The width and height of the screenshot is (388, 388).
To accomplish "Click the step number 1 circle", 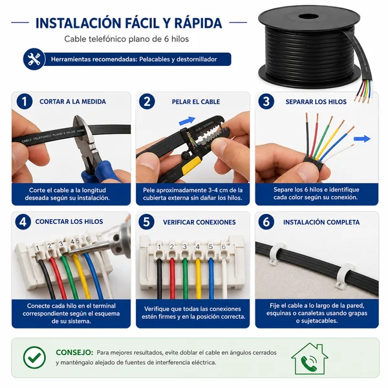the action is pos(25,102).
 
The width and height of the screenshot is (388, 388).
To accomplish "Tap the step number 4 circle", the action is pos(23,222).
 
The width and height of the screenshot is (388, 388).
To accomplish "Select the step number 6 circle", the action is pos(266,222).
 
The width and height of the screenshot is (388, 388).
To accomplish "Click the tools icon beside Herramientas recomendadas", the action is pos(34,59).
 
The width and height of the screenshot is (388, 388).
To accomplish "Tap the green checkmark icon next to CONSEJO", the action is pos(34,358).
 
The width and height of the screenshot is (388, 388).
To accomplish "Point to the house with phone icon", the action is pos(310,359).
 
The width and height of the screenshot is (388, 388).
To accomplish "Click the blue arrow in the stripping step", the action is pos(187,121).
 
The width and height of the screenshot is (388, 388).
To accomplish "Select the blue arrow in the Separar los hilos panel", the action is pos(362,138).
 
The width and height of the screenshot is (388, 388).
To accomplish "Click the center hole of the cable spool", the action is pos(308,17).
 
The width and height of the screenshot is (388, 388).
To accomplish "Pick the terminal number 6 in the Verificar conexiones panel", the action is pos(224,247).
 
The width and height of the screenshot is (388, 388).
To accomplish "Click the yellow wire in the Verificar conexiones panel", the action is pos(199,278).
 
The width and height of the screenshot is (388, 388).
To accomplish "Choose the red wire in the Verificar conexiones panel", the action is pos(172,278).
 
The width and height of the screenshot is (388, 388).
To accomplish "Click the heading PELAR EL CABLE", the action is pos(196,102).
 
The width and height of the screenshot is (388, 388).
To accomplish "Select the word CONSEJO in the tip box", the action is pos(74,352).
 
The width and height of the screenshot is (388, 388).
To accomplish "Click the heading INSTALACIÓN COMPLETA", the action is pos(321,222).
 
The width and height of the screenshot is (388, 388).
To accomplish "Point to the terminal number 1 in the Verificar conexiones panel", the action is pos(159,247).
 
